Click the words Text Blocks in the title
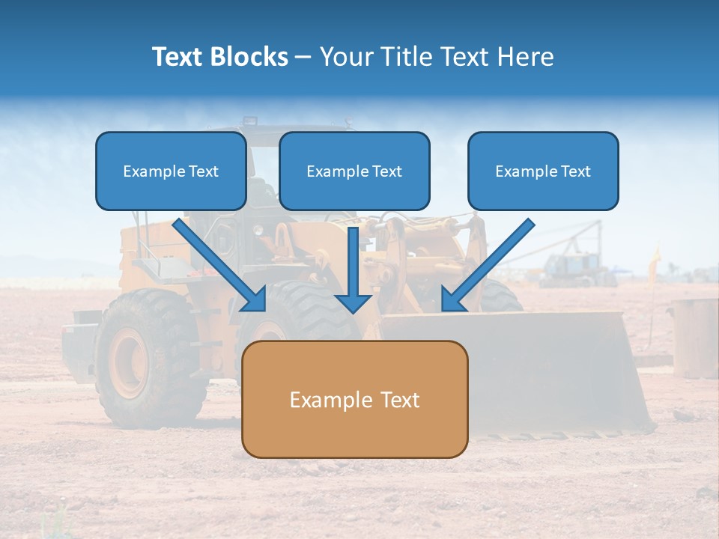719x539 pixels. click(219, 57)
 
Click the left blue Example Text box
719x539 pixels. click(171, 171)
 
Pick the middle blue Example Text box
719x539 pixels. click(354, 171)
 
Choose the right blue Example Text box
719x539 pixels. click(543, 171)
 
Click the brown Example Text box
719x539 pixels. click(354, 399)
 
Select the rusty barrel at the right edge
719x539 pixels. click(694, 337)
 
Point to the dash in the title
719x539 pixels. click(303, 58)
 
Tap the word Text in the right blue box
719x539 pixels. click(574, 171)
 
